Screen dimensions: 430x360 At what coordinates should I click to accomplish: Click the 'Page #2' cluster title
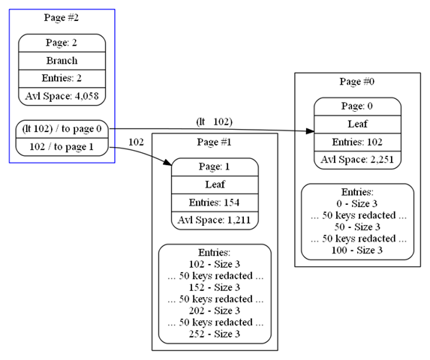point(62,18)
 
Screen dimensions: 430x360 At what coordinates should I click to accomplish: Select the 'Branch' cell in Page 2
point(62,61)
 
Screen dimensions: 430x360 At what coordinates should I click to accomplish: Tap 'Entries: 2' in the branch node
point(62,78)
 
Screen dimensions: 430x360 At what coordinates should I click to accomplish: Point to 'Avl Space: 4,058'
point(62,96)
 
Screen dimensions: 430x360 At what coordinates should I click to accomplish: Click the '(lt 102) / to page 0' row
point(62,129)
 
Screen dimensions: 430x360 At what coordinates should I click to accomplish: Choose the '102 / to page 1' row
point(62,147)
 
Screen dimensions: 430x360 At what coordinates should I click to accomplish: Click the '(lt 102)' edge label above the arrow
point(215,121)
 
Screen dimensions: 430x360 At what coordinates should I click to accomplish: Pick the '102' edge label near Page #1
point(137,142)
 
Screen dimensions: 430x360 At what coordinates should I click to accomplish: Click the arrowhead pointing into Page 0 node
point(310,131)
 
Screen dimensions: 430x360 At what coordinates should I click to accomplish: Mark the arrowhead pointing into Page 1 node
point(167,162)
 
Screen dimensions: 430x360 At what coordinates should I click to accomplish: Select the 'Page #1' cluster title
point(215,142)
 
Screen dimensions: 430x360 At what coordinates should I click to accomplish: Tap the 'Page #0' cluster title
point(357,82)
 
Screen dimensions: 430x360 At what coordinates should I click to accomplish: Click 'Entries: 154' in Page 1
point(215,202)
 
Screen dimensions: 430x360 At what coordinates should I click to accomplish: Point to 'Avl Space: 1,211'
point(215,220)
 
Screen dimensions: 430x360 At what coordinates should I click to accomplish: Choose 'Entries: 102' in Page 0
point(357,142)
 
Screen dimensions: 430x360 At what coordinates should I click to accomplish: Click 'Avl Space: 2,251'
point(357,160)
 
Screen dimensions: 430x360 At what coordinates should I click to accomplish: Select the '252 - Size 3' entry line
point(215,334)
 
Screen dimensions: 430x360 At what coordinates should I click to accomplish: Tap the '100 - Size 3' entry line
point(357,250)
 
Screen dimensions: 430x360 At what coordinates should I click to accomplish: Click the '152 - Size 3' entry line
point(215,287)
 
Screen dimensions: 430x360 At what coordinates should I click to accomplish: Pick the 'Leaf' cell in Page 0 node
point(358,124)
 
